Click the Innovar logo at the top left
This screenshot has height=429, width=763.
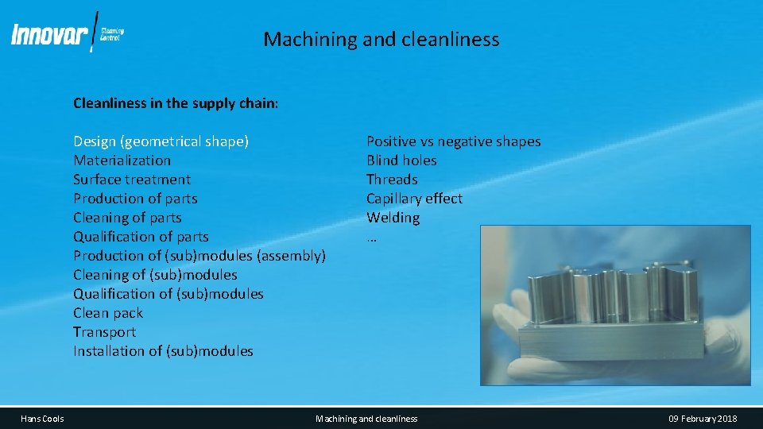pyautogui.click(x=67, y=34)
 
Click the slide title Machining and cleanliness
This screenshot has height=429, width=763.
pyautogui.click(x=381, y=39)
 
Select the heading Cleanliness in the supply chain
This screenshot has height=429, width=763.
pyautogui.click(x=176, y=103)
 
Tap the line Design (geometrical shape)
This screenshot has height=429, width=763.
pyautogui.click(x=161, y=141)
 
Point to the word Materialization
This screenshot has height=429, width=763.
pyautogui.click(x=122, y=160)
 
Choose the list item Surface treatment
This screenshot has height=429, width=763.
pyautogui.click(x=132, y=180)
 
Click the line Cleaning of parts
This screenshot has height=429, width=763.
pyautogui.click(x=127, y=218)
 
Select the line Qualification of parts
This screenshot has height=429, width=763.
pyautogui.click(x=141, y=237)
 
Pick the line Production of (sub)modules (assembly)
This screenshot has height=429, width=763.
pyautogui.click(x=199, y=256)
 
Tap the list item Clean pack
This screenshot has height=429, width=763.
pyautogui.click(x=108, y=313)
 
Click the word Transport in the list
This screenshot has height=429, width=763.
pyautogui.click(x=104, y=332)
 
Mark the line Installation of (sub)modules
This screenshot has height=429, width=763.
pyautogui.click(x=163, y=351)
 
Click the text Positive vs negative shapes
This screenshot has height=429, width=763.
pyautogui.click(x=453, y=141)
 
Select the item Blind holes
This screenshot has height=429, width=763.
pyautogui.click(x=401, y=160)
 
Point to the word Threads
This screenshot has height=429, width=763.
pyautogui.click(x=392, y=180)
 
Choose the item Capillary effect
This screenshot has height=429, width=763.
pyautogui.click(x=414, y=199)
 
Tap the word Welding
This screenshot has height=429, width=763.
pyautogui.click(x=393, y=218)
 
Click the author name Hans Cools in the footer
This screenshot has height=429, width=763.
pyautogui.click(x=43, y=419)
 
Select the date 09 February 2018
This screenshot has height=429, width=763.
pyautogui.click(x=703, y=419)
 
